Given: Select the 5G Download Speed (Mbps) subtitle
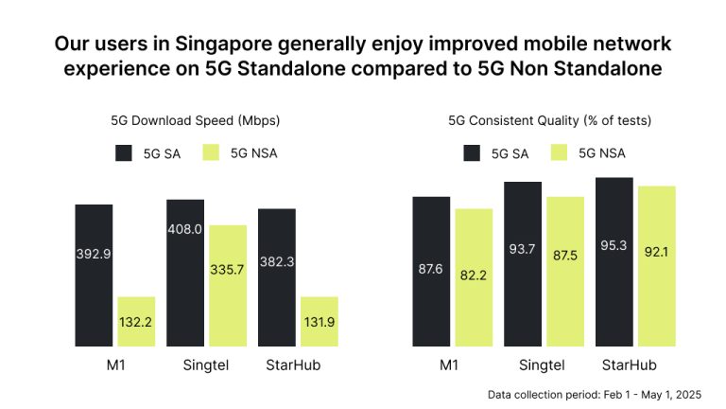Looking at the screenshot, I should point(196,120).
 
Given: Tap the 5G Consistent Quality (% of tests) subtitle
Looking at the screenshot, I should point(550,120).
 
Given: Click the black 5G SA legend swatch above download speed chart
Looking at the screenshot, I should point(124,152).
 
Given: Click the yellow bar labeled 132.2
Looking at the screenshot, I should point(136,322).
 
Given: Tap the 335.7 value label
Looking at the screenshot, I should point(228,269).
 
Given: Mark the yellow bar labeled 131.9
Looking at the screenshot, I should point(320,322).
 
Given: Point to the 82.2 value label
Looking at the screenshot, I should point(473,274).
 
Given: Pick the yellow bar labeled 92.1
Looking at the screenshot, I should point(656,265).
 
